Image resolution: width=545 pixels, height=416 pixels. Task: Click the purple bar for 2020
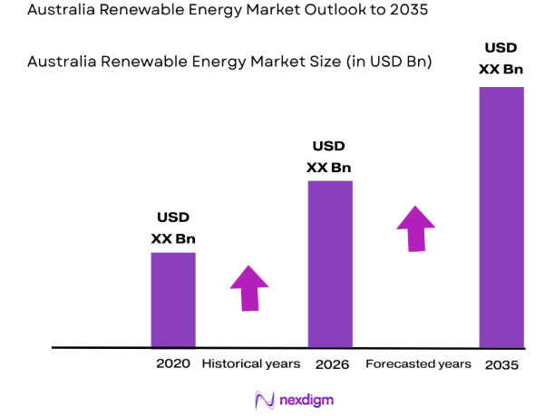click(173, 299)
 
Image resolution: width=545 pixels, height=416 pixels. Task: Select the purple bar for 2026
click(330, 263)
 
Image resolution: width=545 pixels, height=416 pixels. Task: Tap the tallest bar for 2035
click(501, 217)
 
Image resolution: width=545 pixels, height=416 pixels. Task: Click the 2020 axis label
click(173, 364)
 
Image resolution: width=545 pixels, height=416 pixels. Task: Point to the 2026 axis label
click(331, 364)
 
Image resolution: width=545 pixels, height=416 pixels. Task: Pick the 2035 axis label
click(501, 364)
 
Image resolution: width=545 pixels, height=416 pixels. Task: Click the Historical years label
click(250, 364)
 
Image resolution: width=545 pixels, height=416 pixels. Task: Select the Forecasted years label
click(418, 364)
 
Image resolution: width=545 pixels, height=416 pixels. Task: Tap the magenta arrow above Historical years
click(249, 288)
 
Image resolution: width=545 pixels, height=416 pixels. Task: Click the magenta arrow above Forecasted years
click(416, 228)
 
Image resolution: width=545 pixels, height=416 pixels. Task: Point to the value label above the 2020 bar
click(173, 228)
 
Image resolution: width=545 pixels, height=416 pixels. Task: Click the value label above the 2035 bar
click(502, 58)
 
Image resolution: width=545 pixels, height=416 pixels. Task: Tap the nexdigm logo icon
click(265, 399)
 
